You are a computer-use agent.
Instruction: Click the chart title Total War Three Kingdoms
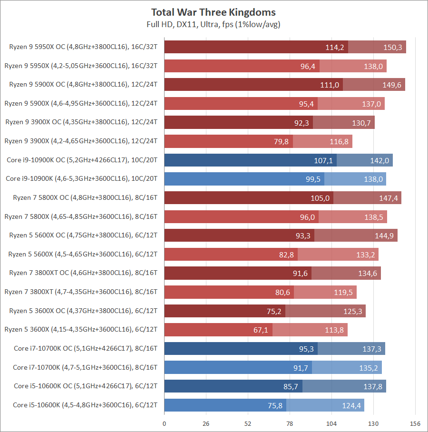(214, 12)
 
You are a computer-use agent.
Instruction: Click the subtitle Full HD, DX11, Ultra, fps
(214, 24)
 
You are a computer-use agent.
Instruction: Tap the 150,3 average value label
(392, 47)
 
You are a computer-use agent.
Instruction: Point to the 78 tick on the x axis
(290, 423)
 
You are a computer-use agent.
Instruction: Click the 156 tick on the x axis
(415, 423)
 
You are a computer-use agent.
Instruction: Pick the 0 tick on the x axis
(165, 423)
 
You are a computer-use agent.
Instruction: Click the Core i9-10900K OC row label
(82, 160)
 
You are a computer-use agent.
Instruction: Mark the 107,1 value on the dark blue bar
(323, 160)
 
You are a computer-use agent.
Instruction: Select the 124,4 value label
(351, 405)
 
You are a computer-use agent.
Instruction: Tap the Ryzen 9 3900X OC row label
(81, 122)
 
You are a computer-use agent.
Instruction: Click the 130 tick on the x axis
(373, 423)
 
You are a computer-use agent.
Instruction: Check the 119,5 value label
(343, 292)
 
